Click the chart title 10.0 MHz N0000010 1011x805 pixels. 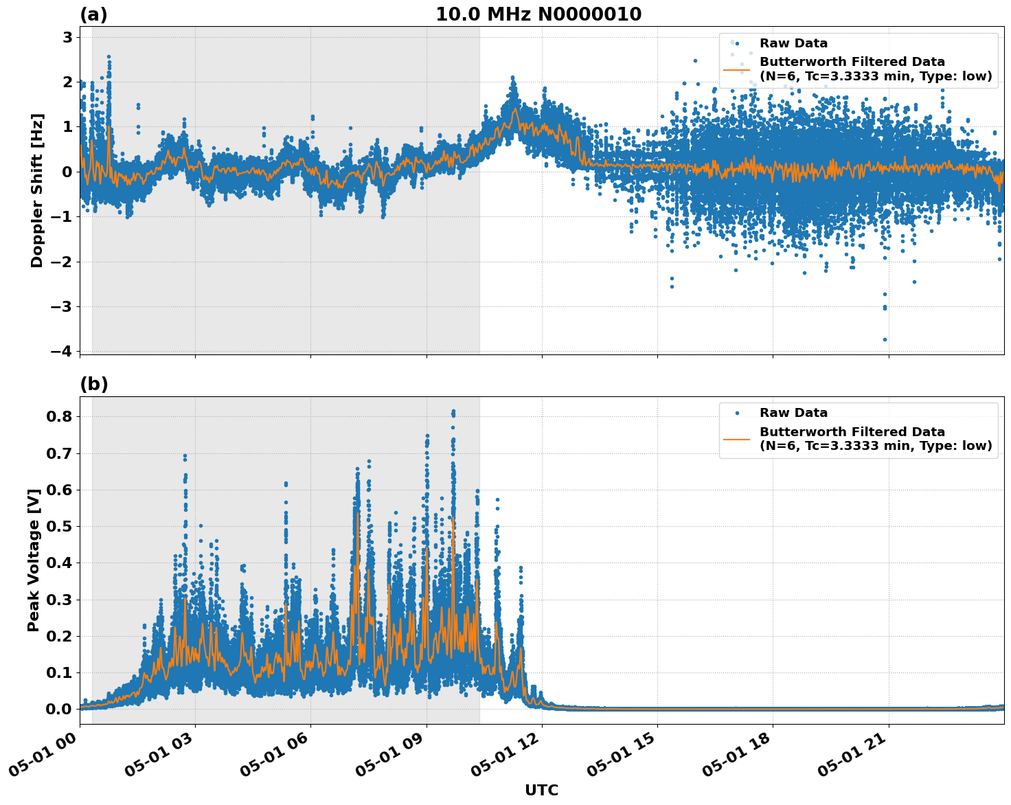click(538, 14)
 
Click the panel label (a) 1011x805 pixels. click(93, 14)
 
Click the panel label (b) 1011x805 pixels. click(93, 384)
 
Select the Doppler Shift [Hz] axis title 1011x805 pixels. click(37, 190)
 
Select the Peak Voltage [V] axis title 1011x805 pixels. click(34, 560)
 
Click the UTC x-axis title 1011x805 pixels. click(541, 790)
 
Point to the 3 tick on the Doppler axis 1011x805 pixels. click(67, 37)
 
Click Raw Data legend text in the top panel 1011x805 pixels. click(793, 43)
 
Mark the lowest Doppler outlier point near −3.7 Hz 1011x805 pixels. click(885, 339)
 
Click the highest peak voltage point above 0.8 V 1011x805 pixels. click(453, 412)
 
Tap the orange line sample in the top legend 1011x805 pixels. click(737, 69)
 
